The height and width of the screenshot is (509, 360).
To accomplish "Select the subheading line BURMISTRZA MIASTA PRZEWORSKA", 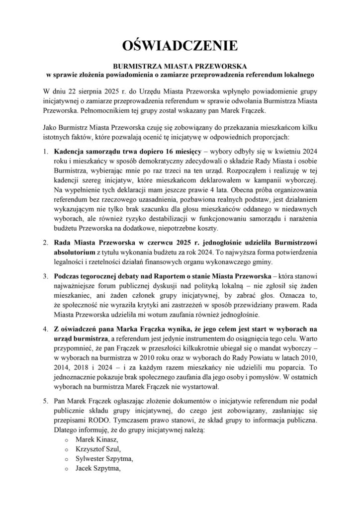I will click(x=180, y=66).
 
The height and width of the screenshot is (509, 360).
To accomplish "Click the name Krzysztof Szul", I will click(x=98, y=449).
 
